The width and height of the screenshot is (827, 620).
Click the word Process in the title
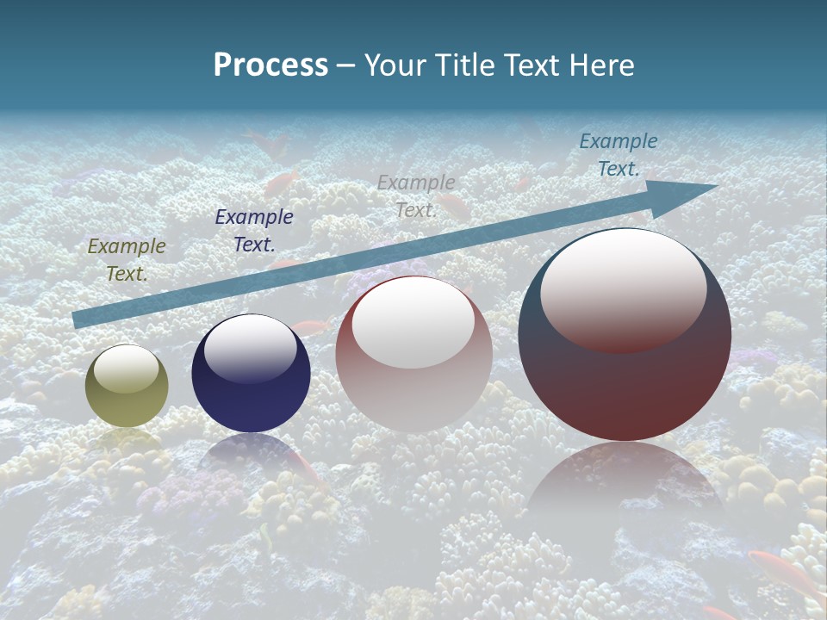pyautogui.click(x=270, y=65)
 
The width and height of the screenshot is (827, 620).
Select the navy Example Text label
pyautogui.click(x=254, y=230)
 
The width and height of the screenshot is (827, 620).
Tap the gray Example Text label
pyautogui.click(x=416, y=195)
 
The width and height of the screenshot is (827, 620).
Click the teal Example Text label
pyautogui.click(x=619, y=154)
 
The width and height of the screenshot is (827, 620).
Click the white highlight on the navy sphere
pyautogui.click(x=251, y=346)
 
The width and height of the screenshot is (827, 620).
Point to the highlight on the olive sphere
pyautogui.click(x=127, y=369)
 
